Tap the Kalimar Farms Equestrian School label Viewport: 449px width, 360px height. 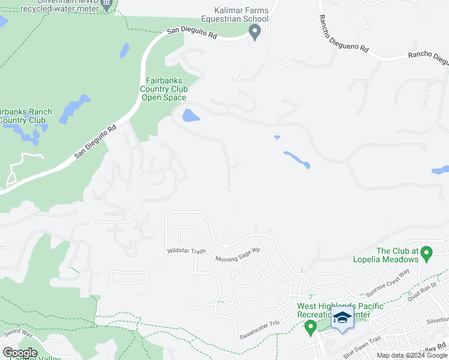(242, 14)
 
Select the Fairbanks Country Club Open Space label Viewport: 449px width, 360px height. (164, 89)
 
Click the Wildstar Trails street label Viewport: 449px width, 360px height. (186, 250)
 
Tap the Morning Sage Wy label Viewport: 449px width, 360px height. (238, 254)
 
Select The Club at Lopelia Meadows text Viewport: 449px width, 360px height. (397, 255)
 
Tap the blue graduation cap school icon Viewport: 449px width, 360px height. (342, 317)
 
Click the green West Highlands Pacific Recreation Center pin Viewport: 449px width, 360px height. (310, 328)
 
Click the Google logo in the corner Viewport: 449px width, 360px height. (20, 353)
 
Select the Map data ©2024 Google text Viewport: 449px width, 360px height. (411, 355)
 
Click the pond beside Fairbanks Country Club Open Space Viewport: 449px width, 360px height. (190, 115)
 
